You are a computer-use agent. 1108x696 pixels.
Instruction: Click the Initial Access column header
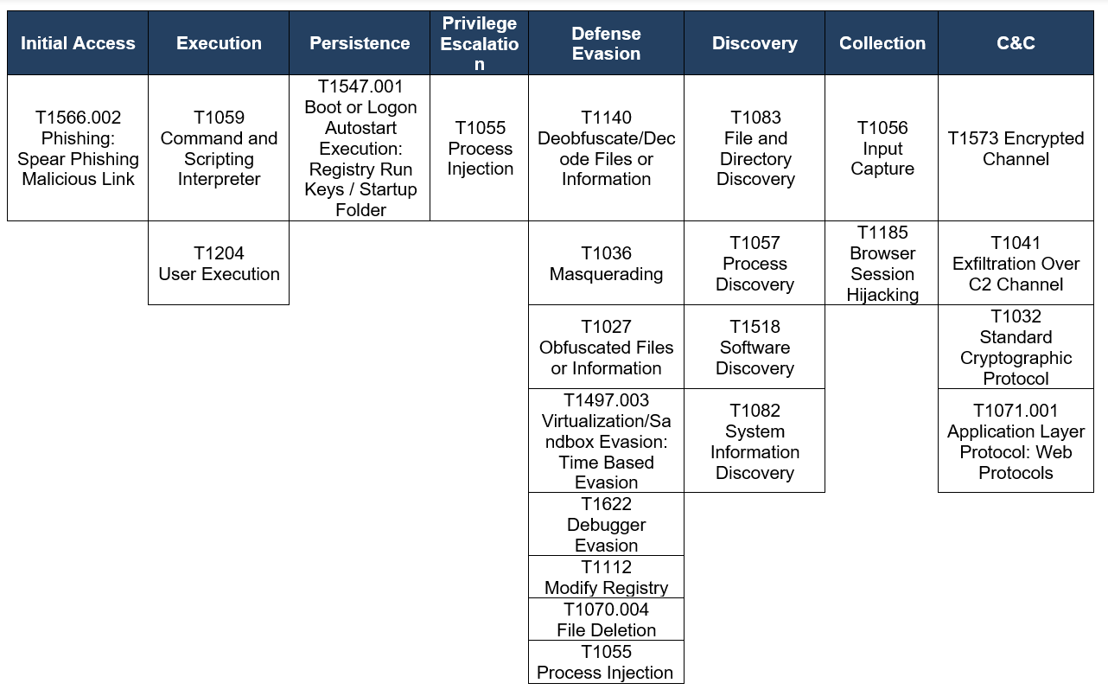(x=78, y=43)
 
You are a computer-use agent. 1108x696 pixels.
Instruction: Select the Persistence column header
(x=360, y=43)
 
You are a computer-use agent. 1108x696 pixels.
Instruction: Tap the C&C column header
(x=1016, y=43)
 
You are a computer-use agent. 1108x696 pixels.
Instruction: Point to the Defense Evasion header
(x=606, y=43)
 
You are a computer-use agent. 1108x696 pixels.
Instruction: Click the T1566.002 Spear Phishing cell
(x=78, y=148)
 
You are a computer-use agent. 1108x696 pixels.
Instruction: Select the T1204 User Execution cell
(x=219, y=263)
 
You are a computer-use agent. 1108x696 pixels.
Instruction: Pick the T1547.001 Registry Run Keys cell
(x=360, y=148)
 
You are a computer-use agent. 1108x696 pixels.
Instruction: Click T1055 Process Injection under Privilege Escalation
(x=480, y=148)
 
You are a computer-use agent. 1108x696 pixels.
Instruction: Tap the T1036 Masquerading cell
(x=606, y=263)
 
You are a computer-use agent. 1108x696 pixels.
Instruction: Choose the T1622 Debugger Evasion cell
(x=606, y=524)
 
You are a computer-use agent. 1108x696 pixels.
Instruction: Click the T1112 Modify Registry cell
(x=606, y=578)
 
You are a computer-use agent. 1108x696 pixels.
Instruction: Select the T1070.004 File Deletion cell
(x=606, y=619)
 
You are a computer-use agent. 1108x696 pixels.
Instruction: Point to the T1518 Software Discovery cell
(x=755, y=347)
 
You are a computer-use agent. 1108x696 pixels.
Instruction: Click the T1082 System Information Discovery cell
(x=755, y=441)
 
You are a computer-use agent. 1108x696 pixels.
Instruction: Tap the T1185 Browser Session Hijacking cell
(x=882, y=263)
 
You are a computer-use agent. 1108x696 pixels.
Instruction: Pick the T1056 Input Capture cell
(x=882, y=148)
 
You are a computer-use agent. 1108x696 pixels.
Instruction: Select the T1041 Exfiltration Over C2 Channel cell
(x=1016, y=263)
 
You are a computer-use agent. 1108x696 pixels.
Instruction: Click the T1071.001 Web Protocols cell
(x=1016, y=441)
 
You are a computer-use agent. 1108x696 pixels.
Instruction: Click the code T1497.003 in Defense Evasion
(x=606, y=400)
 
